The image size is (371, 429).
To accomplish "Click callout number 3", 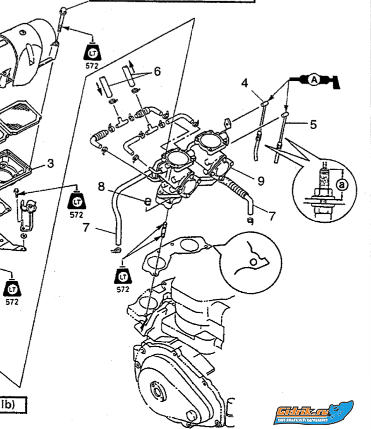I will pyautogui.click(x=50, y=163).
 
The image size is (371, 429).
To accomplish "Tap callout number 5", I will pyautogui.click(x=313, y=124).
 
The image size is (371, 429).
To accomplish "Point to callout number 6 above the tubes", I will pyautogui.click(x=157, y=71).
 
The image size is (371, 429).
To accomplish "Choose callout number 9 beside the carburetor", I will pyautogui.click(x=261, y=181).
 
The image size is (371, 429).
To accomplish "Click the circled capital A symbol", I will pyautogui.click(x=314, y=80).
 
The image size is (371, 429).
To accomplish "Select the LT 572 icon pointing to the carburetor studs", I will pyautogui.click(x=123, y=277).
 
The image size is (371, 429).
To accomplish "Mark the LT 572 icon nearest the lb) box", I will pyautogui.click(x=12, y=291).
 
